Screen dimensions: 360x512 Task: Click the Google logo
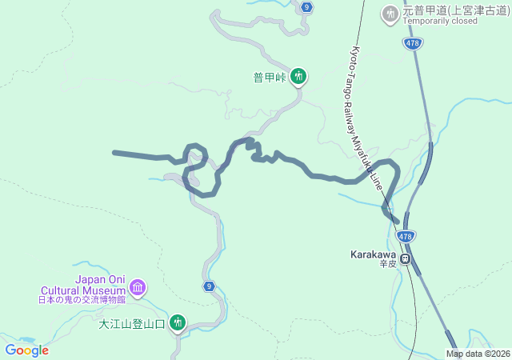coord(27,350)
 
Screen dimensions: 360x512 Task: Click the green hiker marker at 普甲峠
coord(298,77)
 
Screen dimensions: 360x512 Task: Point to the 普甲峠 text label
coord(270,78)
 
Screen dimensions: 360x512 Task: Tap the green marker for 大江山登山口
coord(177,323)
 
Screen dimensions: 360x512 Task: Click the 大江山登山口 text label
coord(132,324)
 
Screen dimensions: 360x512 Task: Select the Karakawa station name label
coord(373,254)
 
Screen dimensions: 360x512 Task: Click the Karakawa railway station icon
coord(406,258)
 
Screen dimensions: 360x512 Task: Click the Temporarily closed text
coord(441,21)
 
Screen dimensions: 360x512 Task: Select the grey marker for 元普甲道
coord(390,13)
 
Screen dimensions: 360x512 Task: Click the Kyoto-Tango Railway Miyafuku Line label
coord(369,120)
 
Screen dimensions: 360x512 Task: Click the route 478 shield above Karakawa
coord(406,237)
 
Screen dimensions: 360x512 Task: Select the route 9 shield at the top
coord(307,7)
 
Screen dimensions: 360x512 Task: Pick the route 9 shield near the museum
coord(209,286)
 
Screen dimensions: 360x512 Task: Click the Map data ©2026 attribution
coord(478,354)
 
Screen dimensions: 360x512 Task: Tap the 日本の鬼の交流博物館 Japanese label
coord(82,300)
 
